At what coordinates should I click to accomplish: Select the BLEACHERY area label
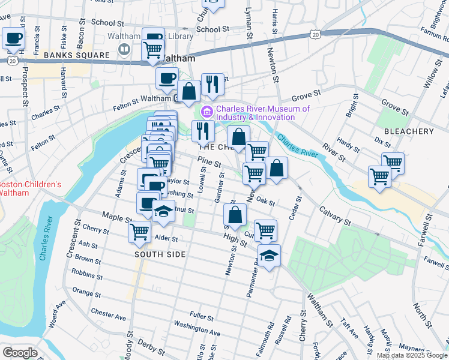point(413,131)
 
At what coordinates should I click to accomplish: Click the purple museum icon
point(208,111)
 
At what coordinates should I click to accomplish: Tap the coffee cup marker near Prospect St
point(13,39)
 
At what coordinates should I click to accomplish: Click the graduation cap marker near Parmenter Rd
point(270,256)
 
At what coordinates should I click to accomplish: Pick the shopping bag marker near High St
point(235,214)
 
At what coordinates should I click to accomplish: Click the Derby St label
point(151,347)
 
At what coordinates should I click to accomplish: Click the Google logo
point(20,353)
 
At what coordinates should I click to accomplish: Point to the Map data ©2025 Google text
point(412,355)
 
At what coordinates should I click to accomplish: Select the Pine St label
point(209,163)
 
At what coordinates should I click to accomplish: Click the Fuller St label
point(202,316)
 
